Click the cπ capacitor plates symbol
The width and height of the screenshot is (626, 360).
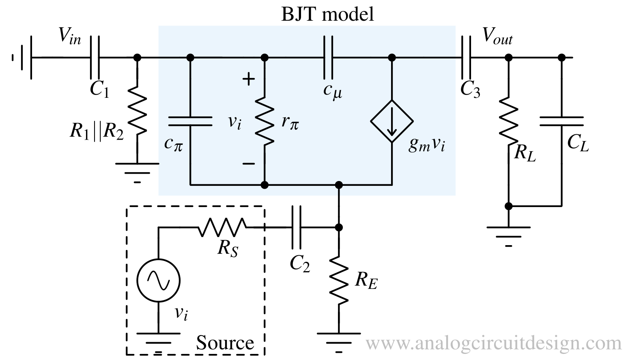pyautogui.click(x=190, y=121)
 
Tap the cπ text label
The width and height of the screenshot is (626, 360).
pyautogui.click(x=174, y=144)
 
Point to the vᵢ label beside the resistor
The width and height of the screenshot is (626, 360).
pyautogui.click(x=234, y=121)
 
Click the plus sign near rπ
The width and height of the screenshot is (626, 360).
pyautogui.click(x=248, y=79)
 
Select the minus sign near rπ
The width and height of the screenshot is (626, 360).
pyautogui.click(x=248, y=164)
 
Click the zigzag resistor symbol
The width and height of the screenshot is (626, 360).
pyautogui.click(x=265, y=121)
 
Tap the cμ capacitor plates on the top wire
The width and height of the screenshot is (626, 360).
pyautogui.click(x=328, y=57)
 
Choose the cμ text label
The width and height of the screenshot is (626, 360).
pyautogui.click(x=333, y=91)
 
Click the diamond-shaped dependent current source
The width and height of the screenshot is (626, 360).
pyautogui.click(x=392, y=121)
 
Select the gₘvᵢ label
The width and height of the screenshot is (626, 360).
pyautogui.click(x=426, y=145)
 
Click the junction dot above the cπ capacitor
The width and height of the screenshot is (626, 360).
pyautogui.click(x=190, y=58)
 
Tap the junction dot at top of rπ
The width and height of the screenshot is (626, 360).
pyautogui.click(x=265, y=58)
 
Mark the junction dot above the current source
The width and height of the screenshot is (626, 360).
pyautogui.click(x=392, y=58)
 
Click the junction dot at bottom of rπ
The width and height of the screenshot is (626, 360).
pyautogui.click(x=265, y=185)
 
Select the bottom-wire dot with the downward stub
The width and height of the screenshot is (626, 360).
pyautogui.click(x=339, y=185)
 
